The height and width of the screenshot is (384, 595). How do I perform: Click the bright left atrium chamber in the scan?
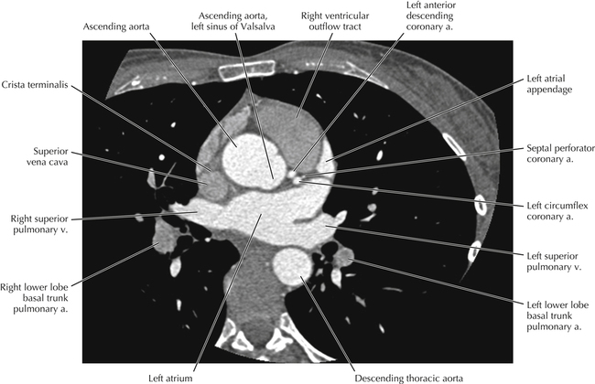tap(261, 219)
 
